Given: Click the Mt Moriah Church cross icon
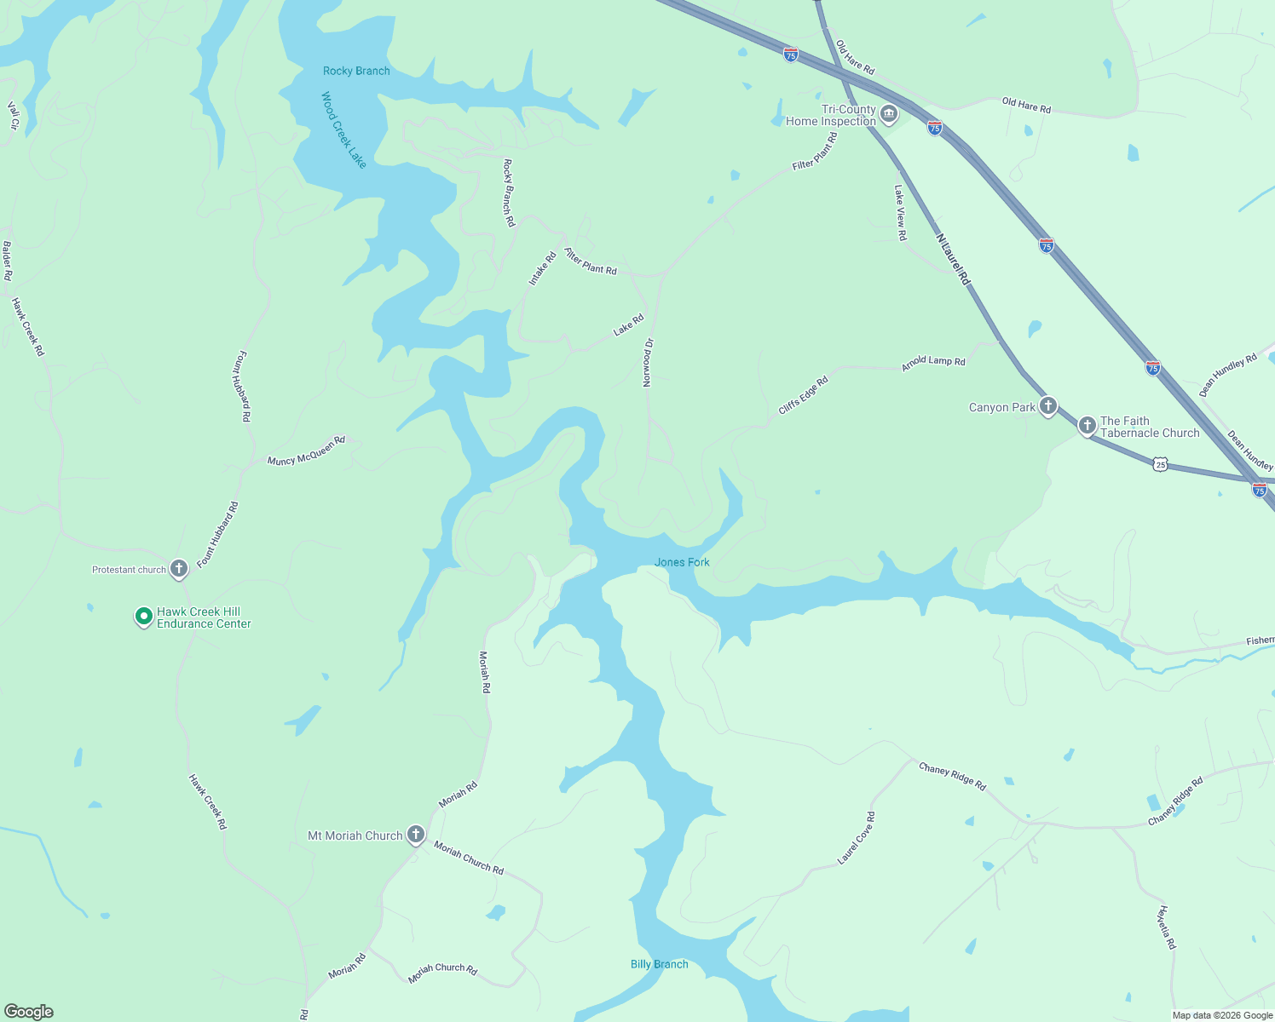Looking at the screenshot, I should point(415,835).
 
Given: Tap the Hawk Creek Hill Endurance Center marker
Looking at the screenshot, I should point(144,616).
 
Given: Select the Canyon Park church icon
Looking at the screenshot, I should point(1047,406).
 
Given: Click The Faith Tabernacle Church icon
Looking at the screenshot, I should point(1087,425).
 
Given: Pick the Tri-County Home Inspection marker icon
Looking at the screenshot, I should point(888,114).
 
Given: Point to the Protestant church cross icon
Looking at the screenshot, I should point(178,569).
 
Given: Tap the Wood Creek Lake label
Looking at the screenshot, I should point(343,129).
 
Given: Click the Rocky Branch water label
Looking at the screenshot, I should point(356,71).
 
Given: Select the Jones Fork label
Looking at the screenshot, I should point(682,562).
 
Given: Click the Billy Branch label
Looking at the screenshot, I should point(659,964).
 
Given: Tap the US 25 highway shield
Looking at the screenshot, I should point(1160,465).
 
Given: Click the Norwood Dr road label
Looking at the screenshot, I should point(648,363).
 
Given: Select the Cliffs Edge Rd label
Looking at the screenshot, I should point(803,396).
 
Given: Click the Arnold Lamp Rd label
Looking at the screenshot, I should point(933,362).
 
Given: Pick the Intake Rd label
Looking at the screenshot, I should point(542,268).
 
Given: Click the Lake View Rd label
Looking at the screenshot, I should point(900,213).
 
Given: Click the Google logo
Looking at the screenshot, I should point(29,1012).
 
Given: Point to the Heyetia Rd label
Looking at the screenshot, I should point(1166,927).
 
